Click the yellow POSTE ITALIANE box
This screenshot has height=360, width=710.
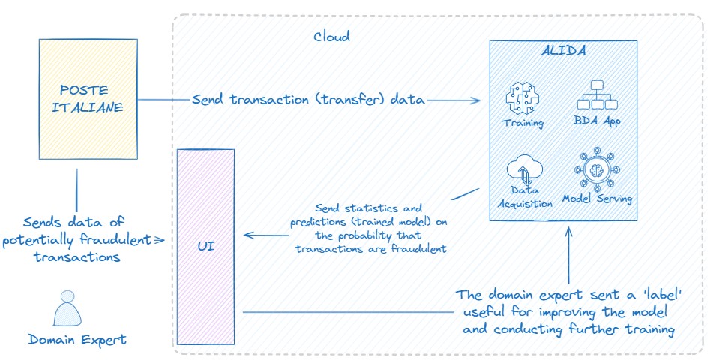coord(88,100)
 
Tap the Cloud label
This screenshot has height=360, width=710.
coord(331,36)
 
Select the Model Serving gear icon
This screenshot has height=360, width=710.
coord(598,169)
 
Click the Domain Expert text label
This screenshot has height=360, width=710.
coord(77,340)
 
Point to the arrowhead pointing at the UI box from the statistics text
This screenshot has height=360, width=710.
coord(248,235)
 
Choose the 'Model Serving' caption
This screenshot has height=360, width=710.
coord(598,199)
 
